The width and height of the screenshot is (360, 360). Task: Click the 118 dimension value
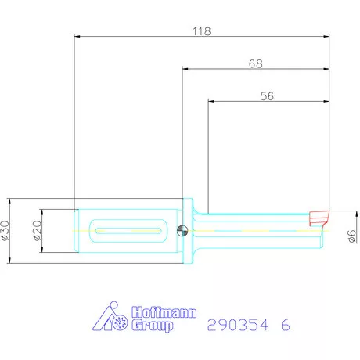point(201,32)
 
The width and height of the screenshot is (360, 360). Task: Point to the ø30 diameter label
point(7,230)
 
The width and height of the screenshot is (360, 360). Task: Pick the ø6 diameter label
point(352,234)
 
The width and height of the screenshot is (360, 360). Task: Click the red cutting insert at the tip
point(319,216)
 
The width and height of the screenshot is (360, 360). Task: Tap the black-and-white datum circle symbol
point(182,230)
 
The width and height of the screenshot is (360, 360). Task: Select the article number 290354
point(234,323)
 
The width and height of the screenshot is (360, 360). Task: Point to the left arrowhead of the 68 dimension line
point(185,69)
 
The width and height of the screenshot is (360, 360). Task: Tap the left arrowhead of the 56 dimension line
point(211,100)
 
